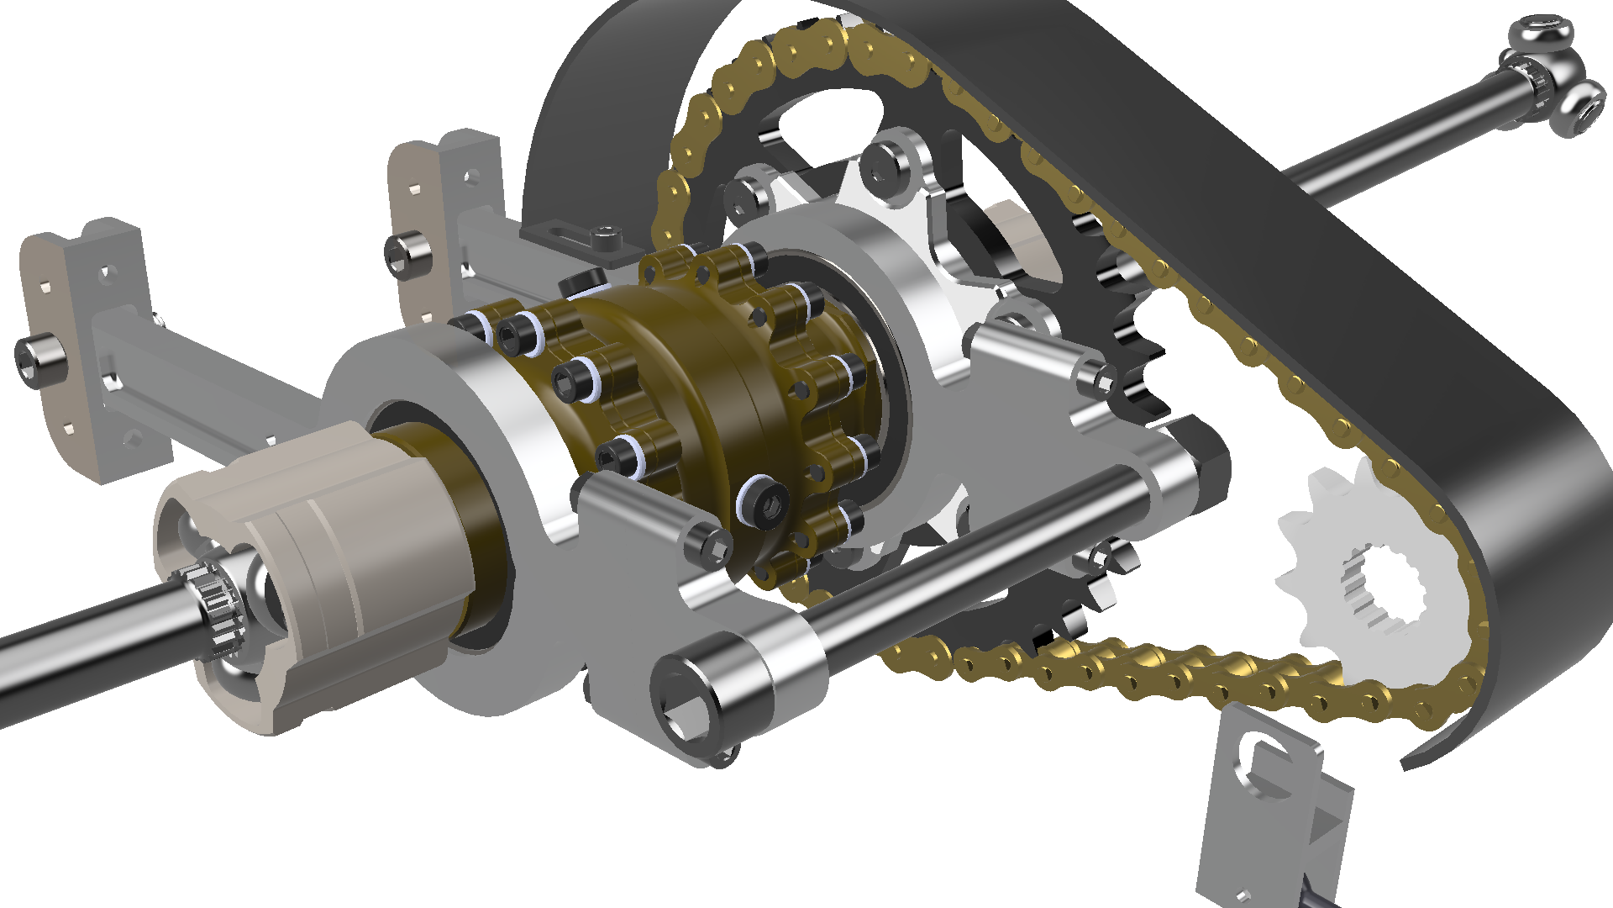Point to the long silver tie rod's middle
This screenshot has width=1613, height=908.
[966, 580]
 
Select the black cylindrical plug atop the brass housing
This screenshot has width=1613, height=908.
[581, 281]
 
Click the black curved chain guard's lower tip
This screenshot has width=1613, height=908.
[1420, 761]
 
